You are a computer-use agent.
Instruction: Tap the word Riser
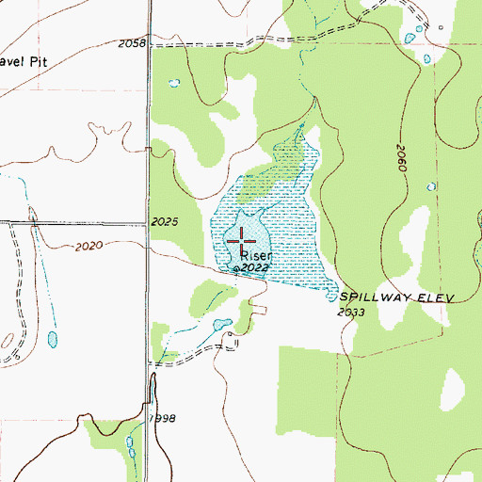tap(256, 255)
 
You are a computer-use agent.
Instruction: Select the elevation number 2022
tap(254, 268)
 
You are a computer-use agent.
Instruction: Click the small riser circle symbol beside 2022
tap(235, 269)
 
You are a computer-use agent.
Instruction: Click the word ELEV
tap(437, 297)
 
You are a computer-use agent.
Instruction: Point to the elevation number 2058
tap(133, 44)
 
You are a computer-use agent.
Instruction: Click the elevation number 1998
tap(162, 417)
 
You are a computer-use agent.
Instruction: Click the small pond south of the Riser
tap(221, 326)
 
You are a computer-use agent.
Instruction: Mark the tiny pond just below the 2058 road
tap(173, 83)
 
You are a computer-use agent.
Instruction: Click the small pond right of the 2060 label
tap(433, 187)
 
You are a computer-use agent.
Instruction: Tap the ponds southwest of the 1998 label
tap(130, 442)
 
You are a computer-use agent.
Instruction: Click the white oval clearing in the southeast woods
tap(455, 385)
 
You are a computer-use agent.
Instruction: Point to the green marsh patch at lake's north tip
tap(287, 151)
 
